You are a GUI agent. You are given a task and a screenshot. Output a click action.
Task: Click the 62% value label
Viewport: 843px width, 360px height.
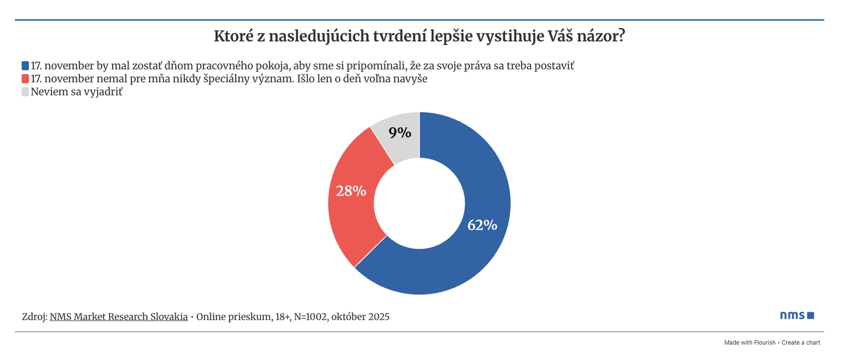(x=482, y=225)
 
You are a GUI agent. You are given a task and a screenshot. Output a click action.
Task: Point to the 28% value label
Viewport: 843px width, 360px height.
(x=351, y=191)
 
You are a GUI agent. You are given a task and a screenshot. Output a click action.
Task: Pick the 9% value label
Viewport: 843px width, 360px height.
(x=400, y=132)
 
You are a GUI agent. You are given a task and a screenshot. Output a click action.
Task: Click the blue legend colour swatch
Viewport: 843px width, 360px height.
(x=25, y=66)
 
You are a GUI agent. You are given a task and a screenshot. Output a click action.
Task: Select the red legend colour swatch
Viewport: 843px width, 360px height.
(x=25, y=79)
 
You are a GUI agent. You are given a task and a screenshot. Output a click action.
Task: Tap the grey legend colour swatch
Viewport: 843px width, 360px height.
(x=25, y=92)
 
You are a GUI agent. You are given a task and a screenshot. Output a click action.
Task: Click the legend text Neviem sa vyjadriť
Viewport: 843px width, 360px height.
(x=76, y=92)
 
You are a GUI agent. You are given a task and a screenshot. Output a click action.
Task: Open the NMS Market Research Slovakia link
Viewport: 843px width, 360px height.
(x=119, y=317)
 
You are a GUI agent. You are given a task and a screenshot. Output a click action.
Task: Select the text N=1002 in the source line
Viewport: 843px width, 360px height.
(x=311, y=317)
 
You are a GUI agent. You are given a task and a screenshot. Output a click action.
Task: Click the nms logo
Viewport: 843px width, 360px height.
(x=797, y=315)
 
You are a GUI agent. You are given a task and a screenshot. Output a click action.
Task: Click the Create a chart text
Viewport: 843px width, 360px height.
(x=801, y=343)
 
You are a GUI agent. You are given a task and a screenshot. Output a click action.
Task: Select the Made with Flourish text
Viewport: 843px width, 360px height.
(x=750, y=343)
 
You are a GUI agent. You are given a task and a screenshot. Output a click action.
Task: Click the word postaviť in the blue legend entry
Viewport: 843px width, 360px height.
(x=554, y=66)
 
